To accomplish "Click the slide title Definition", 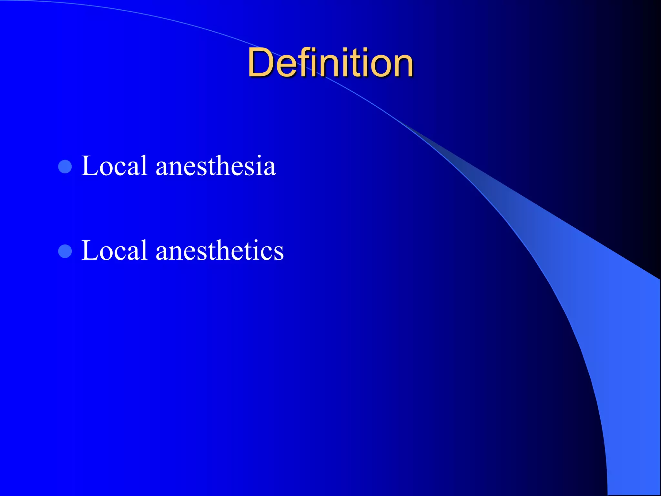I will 330,63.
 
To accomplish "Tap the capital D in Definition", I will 260,63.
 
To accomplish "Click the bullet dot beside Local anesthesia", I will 65,167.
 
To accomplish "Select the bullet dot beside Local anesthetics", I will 65,251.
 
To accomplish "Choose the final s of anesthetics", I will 278,253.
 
